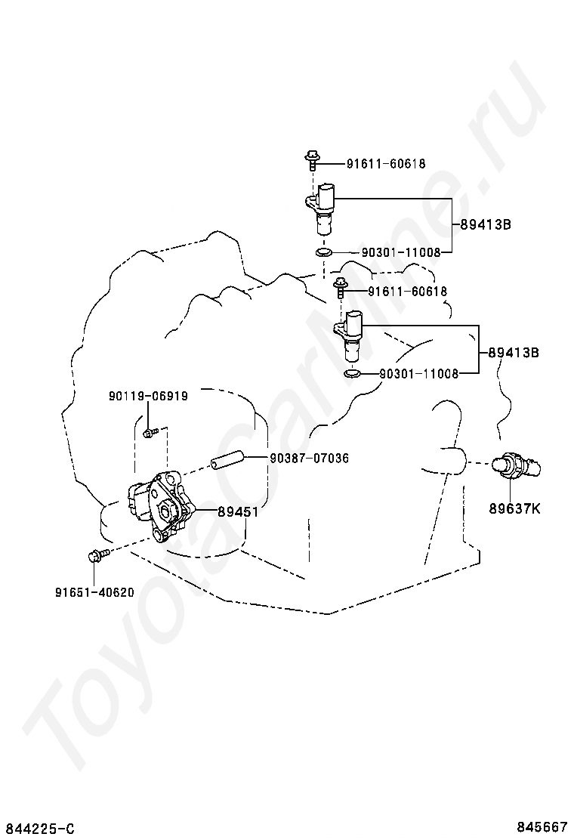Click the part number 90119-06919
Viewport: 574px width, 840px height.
click(148, 395)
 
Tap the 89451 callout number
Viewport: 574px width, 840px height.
click(238, 511)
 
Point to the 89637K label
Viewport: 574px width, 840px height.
click(514, 508)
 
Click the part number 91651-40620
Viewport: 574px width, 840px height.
click(94, 592)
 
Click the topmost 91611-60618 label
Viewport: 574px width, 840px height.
click(386, 163)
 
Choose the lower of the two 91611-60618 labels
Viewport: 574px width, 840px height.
click(408, 291)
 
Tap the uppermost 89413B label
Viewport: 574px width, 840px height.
click(486, 224)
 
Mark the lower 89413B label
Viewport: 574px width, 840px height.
click(513, 352)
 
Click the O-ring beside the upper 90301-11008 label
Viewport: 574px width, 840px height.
click(322, 252)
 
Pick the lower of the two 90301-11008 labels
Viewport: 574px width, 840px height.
click(418, 373)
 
